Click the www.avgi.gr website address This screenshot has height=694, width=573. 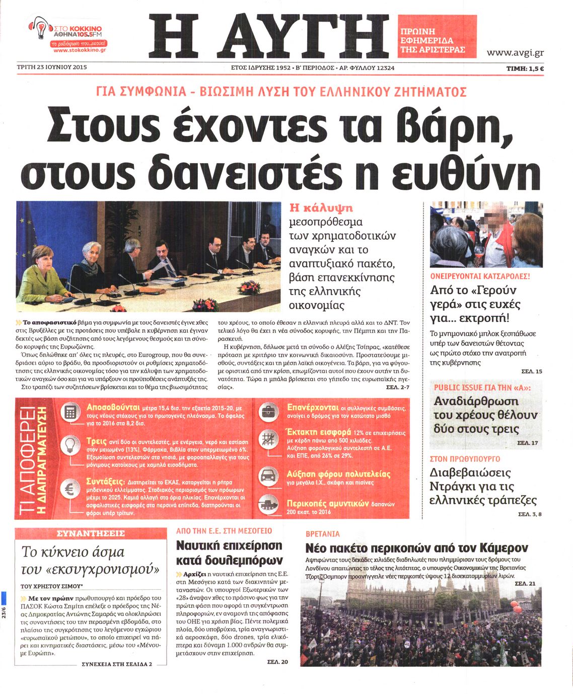point(515,52)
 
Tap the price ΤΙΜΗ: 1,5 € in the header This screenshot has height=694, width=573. point(525,68)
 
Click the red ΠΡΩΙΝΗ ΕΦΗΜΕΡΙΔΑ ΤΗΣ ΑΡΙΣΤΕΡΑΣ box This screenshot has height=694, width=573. point(437,35)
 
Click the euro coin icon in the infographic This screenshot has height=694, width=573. point(70,488)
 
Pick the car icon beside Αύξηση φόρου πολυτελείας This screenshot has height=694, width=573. point(268,476)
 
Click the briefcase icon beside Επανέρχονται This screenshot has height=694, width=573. point(268,411)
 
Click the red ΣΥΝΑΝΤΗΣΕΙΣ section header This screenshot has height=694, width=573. point(91,533)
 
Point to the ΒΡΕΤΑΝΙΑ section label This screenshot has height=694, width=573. point(323,534)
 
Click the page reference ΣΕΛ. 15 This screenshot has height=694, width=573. point(531,372)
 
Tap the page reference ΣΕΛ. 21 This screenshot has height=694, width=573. point(525,583)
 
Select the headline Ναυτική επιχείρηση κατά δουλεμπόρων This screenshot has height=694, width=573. point(230,553)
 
